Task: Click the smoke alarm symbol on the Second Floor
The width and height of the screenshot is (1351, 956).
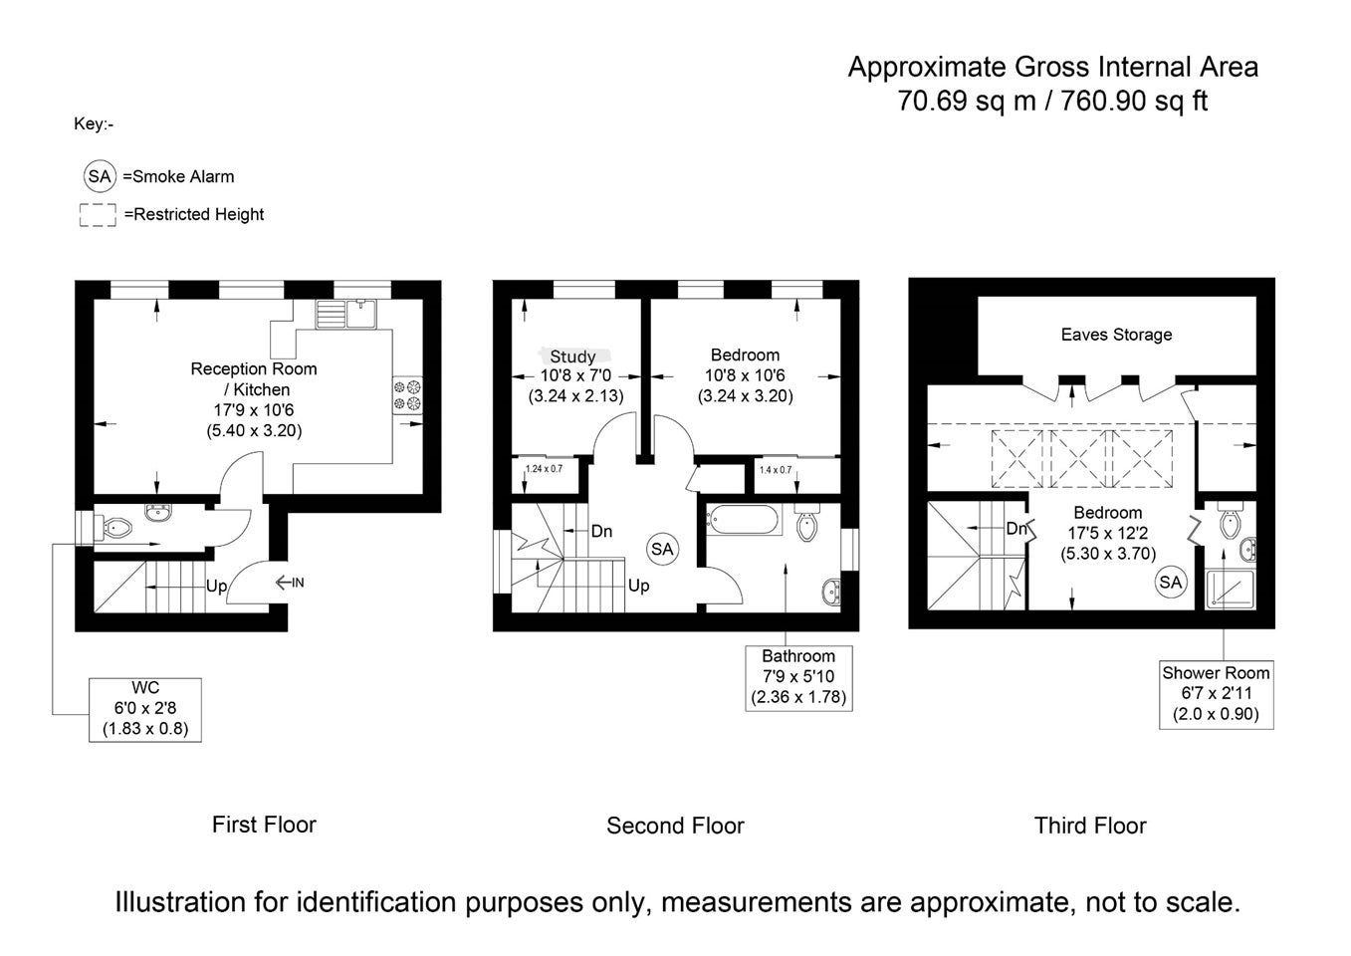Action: pyautogui.click(x=662, y=549)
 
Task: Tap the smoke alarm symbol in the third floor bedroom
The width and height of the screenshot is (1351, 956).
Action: pyautogui.click(x=1171, y=582)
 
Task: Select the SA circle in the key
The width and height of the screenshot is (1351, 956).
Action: pyautogui.click(x=100, y=176)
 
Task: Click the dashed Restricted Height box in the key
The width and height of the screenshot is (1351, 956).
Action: pyautogui.click(x=98, y=215)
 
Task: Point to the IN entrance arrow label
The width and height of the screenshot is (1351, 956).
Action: pyautogui.click(x=290, y=583)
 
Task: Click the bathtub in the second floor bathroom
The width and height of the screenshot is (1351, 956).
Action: pyautogui.click(x=744, y=519)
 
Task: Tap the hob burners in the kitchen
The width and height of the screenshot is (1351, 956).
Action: pyautogui.click(x=408, y=394)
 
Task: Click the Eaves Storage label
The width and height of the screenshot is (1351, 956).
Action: pyautogui.click(x=1116, y=335)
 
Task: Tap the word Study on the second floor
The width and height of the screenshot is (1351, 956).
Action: pyautogui.click(x=572, y=357)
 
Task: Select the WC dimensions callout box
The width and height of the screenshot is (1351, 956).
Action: pyautogui.click(x=145, y=709)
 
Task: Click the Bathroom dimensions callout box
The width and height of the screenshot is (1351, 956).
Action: pyautogui.click(x=798, y=678)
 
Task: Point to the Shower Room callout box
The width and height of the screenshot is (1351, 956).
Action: pyautogui.click(x=1216, y=694)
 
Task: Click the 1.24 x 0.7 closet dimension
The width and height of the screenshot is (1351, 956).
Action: pyautogui.click(x=544, y=469)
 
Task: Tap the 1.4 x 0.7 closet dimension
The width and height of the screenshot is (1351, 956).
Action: pyautogui.click(x=775, y=470)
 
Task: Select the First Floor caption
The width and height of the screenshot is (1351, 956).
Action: pyautogui.click(x=264, y=825)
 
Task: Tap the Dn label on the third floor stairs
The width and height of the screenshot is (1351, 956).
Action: pyautogui.click(x=1015, y=529)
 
